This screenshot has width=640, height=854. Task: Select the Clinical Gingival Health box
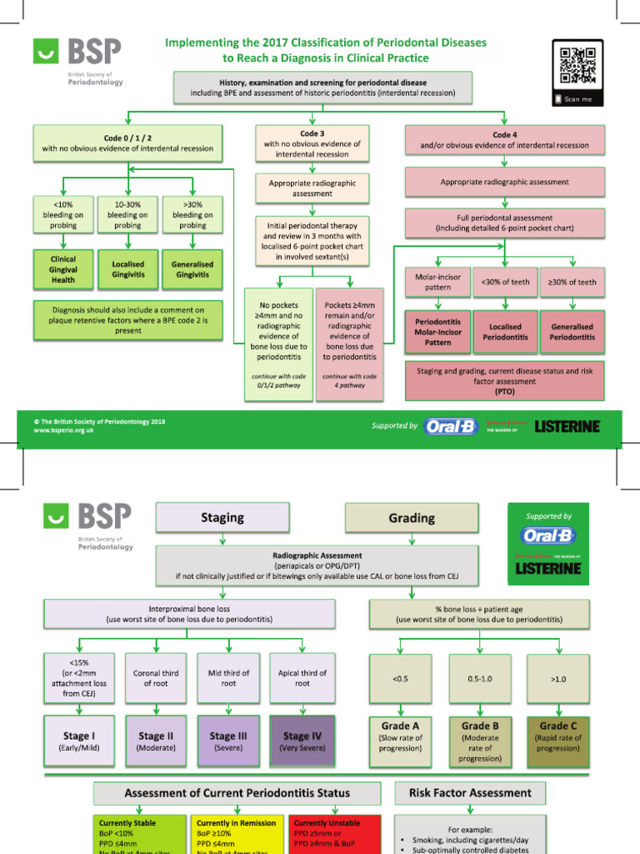coord(62,269)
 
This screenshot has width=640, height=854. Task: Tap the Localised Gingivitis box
coord(127,269)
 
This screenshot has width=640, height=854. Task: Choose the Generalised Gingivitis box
coord(192,269)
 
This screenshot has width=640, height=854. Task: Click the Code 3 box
coord(312,143)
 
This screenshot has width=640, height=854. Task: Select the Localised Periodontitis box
coord(504,331)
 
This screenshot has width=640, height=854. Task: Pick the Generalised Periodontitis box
coord(572,331)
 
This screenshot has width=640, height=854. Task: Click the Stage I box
coord(79,741)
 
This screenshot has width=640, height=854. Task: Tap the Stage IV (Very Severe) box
coord(302,741)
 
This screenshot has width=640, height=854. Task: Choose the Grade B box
coord(480,741)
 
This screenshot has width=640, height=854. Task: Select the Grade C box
coord(557,741)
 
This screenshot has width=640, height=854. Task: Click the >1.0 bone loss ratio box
coord(557,679)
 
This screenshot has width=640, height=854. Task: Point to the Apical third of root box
coord(302,678)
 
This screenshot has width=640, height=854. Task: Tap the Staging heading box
coord(222,518)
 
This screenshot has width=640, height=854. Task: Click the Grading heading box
coord(412,518)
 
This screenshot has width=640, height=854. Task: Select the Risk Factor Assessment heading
coord(471,792)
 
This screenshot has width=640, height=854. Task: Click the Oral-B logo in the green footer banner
coord(450,426)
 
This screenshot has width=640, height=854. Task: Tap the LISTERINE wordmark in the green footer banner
coord(567,426)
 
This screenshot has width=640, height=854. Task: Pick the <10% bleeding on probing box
coord(62,214)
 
